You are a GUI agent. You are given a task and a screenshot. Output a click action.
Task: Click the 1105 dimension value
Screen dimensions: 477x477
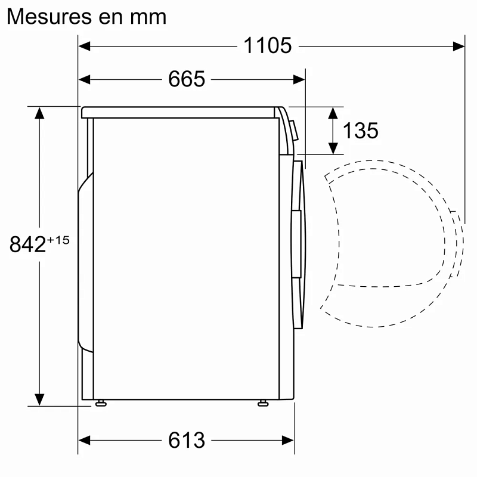267,45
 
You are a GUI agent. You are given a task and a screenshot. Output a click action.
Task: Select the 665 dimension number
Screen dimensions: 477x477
187,79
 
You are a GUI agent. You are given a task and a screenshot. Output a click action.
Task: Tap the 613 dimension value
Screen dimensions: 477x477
187,440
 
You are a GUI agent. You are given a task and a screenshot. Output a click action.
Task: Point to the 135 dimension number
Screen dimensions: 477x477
361,130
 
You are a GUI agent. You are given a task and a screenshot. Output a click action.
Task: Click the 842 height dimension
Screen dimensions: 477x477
28,244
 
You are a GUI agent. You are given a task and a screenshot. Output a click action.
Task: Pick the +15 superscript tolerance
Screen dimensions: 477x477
58,239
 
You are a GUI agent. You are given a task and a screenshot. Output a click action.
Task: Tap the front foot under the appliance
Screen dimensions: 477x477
263,404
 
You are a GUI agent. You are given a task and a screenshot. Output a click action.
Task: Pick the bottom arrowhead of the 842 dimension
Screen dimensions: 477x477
39,399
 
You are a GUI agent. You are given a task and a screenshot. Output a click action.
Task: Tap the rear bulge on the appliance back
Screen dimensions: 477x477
85,262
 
